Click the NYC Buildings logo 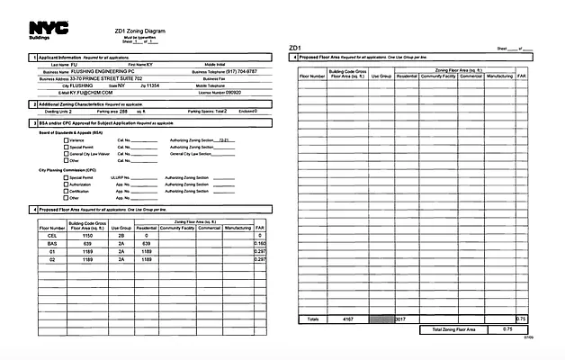point(42,29)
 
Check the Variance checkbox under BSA point(66,141)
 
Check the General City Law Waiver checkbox point(66,155)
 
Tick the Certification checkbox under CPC point(66,192)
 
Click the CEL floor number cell point(52,235)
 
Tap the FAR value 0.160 point(260,243)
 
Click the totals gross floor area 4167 point(346,319)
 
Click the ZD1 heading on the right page point(296,47)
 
